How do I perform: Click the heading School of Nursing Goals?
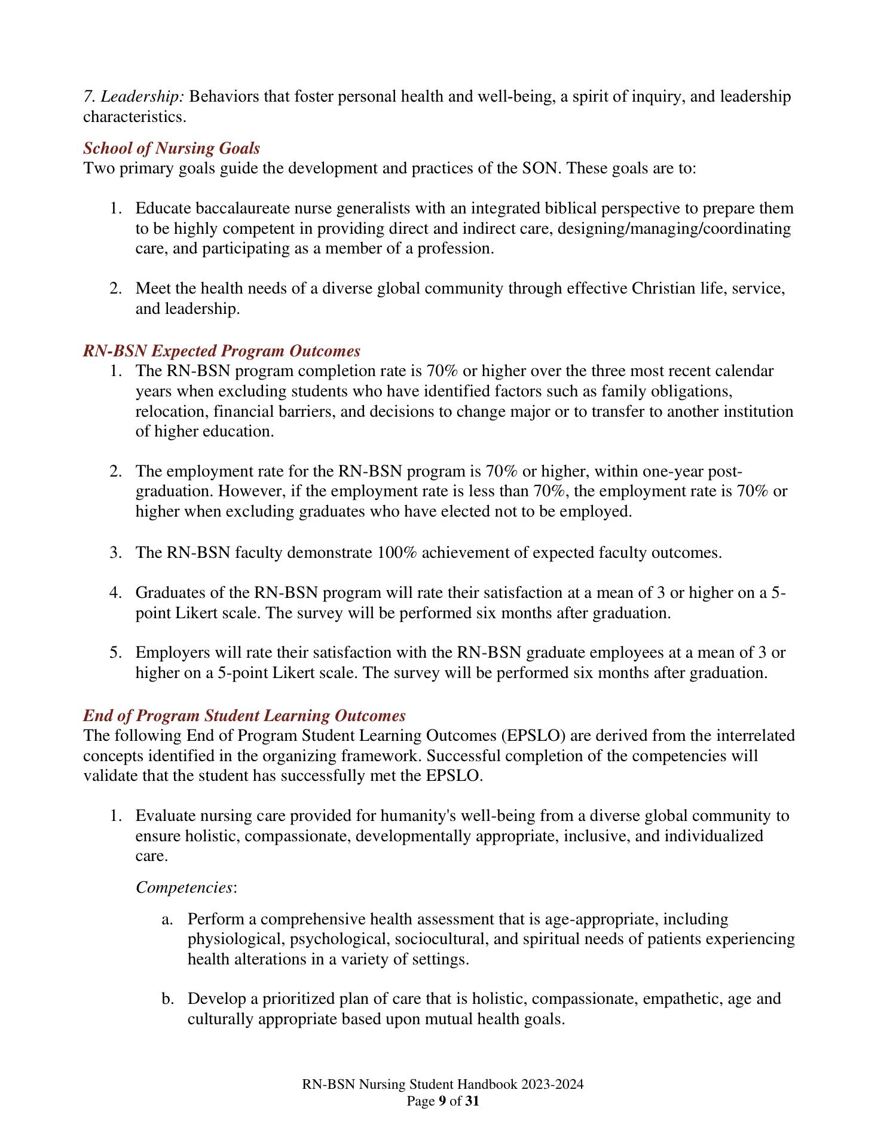click(172, 148)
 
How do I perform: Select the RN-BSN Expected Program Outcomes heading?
click(222, 350)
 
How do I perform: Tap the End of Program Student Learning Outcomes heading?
click(244, 716)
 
